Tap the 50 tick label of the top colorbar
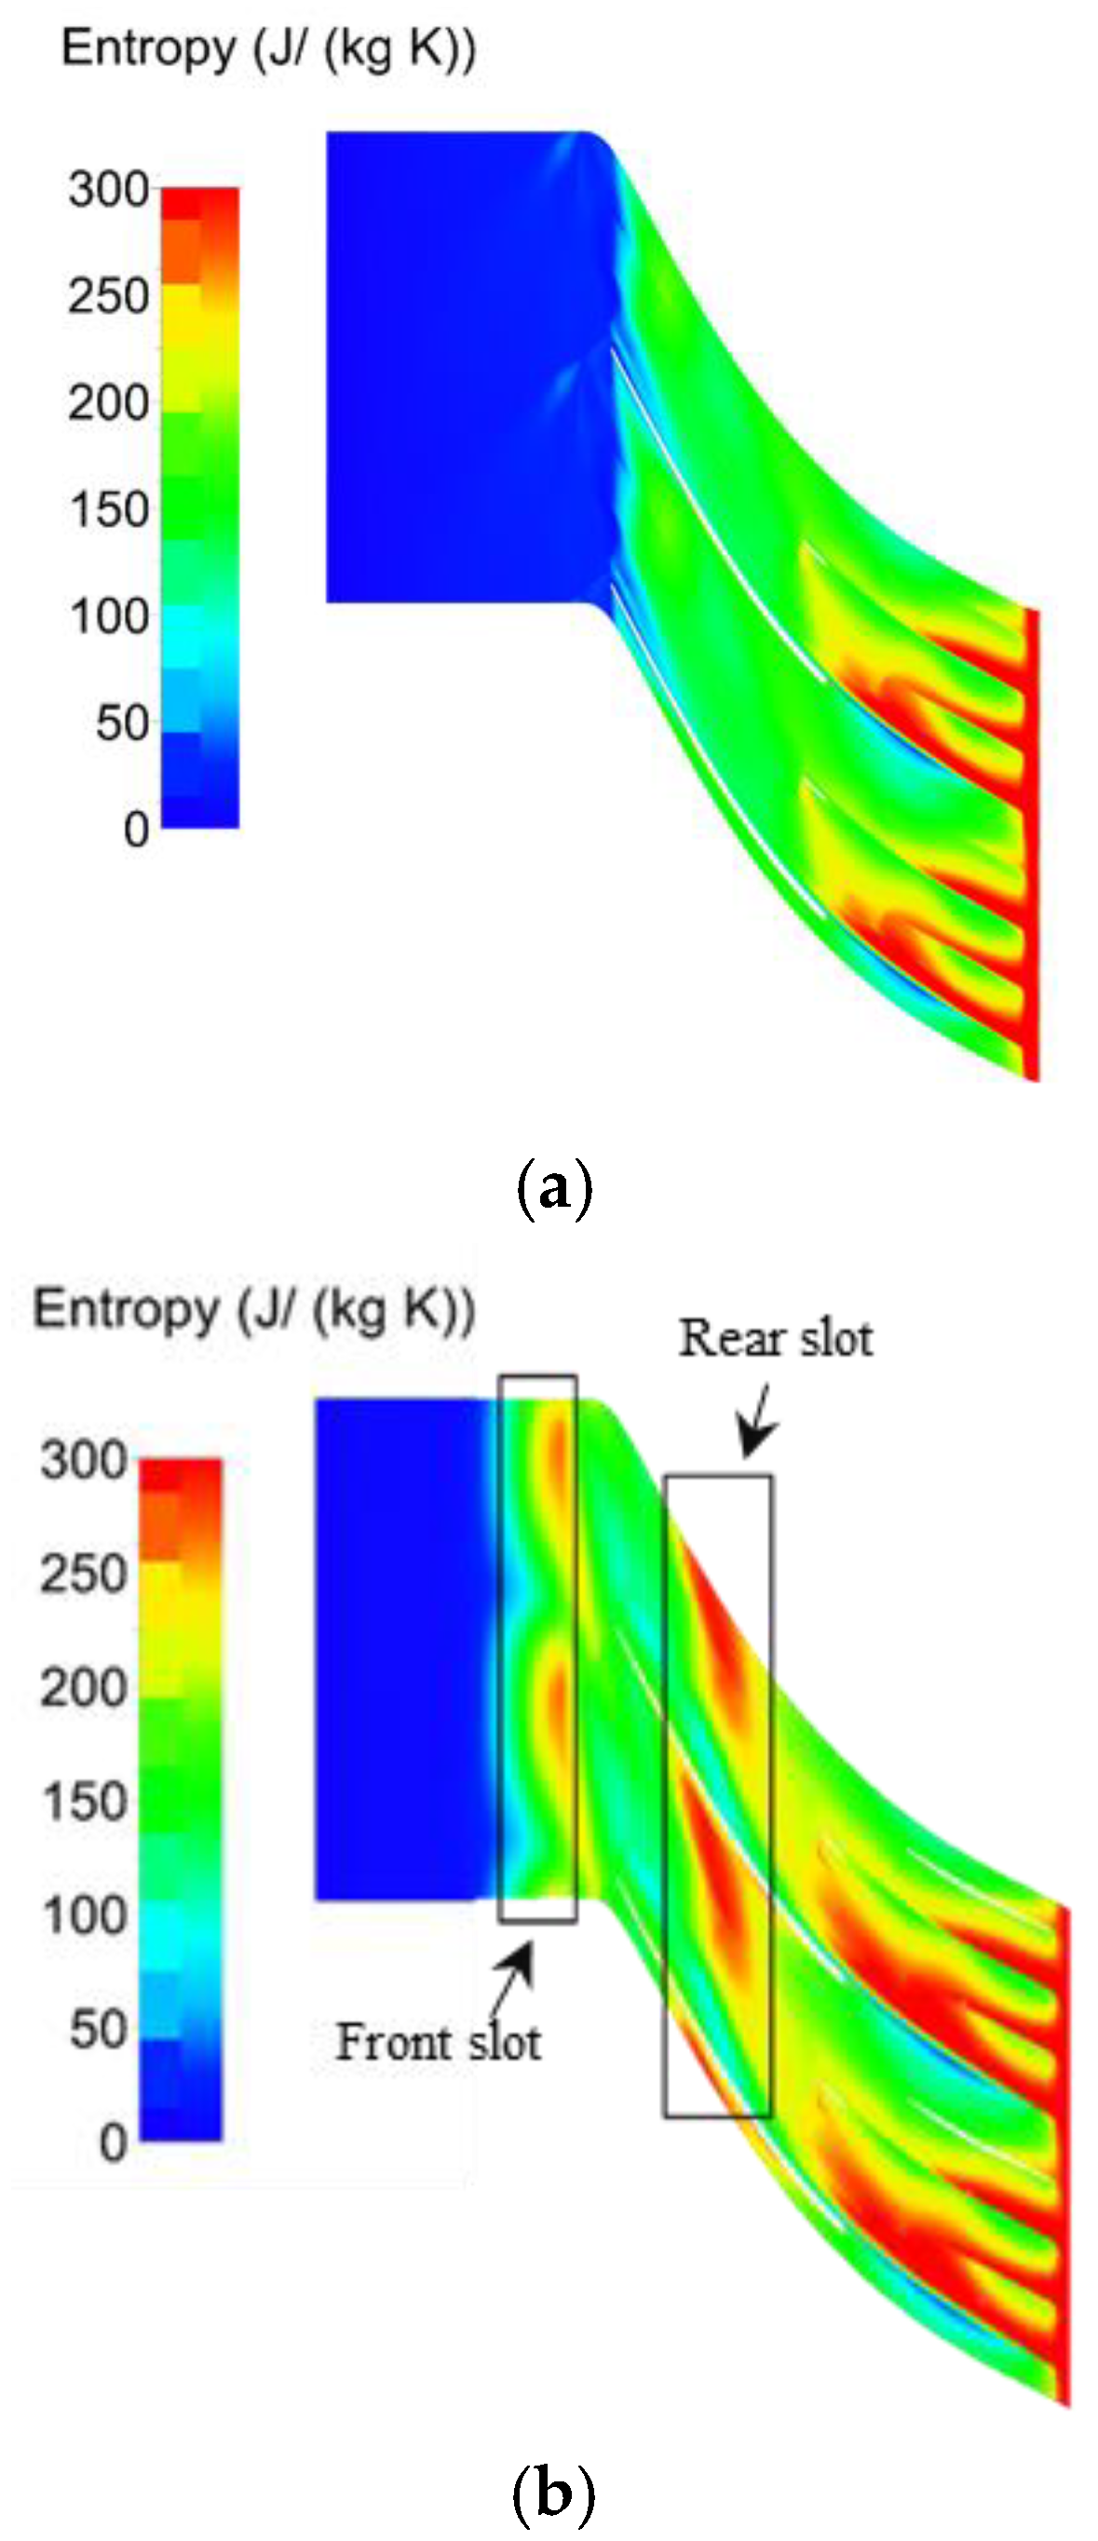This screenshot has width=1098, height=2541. pyautogui.click(x=122, y=723)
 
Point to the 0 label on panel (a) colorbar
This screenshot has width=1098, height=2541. pyautogui.click(x=136, y=830)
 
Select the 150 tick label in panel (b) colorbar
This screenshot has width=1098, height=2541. pyautogui.click(x=85, y=1801)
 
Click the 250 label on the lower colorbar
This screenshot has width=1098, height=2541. pyautogui.click(x=85, y=1574)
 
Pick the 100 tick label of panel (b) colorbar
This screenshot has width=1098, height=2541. pyautogui.click(x=85, y=1914)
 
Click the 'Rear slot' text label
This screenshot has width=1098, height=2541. pyautogui.click(x=776, y=1339)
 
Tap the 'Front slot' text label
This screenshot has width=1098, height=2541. pyautogui.click(x=438, y=2042)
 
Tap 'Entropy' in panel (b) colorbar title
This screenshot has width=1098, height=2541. pyautogui.click(x=124, y=1309)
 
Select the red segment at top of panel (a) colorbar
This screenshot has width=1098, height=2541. pyautogui.click(x=200, y=202)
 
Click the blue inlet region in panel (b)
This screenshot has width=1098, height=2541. pyautogui.click(x=400, y=1647)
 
